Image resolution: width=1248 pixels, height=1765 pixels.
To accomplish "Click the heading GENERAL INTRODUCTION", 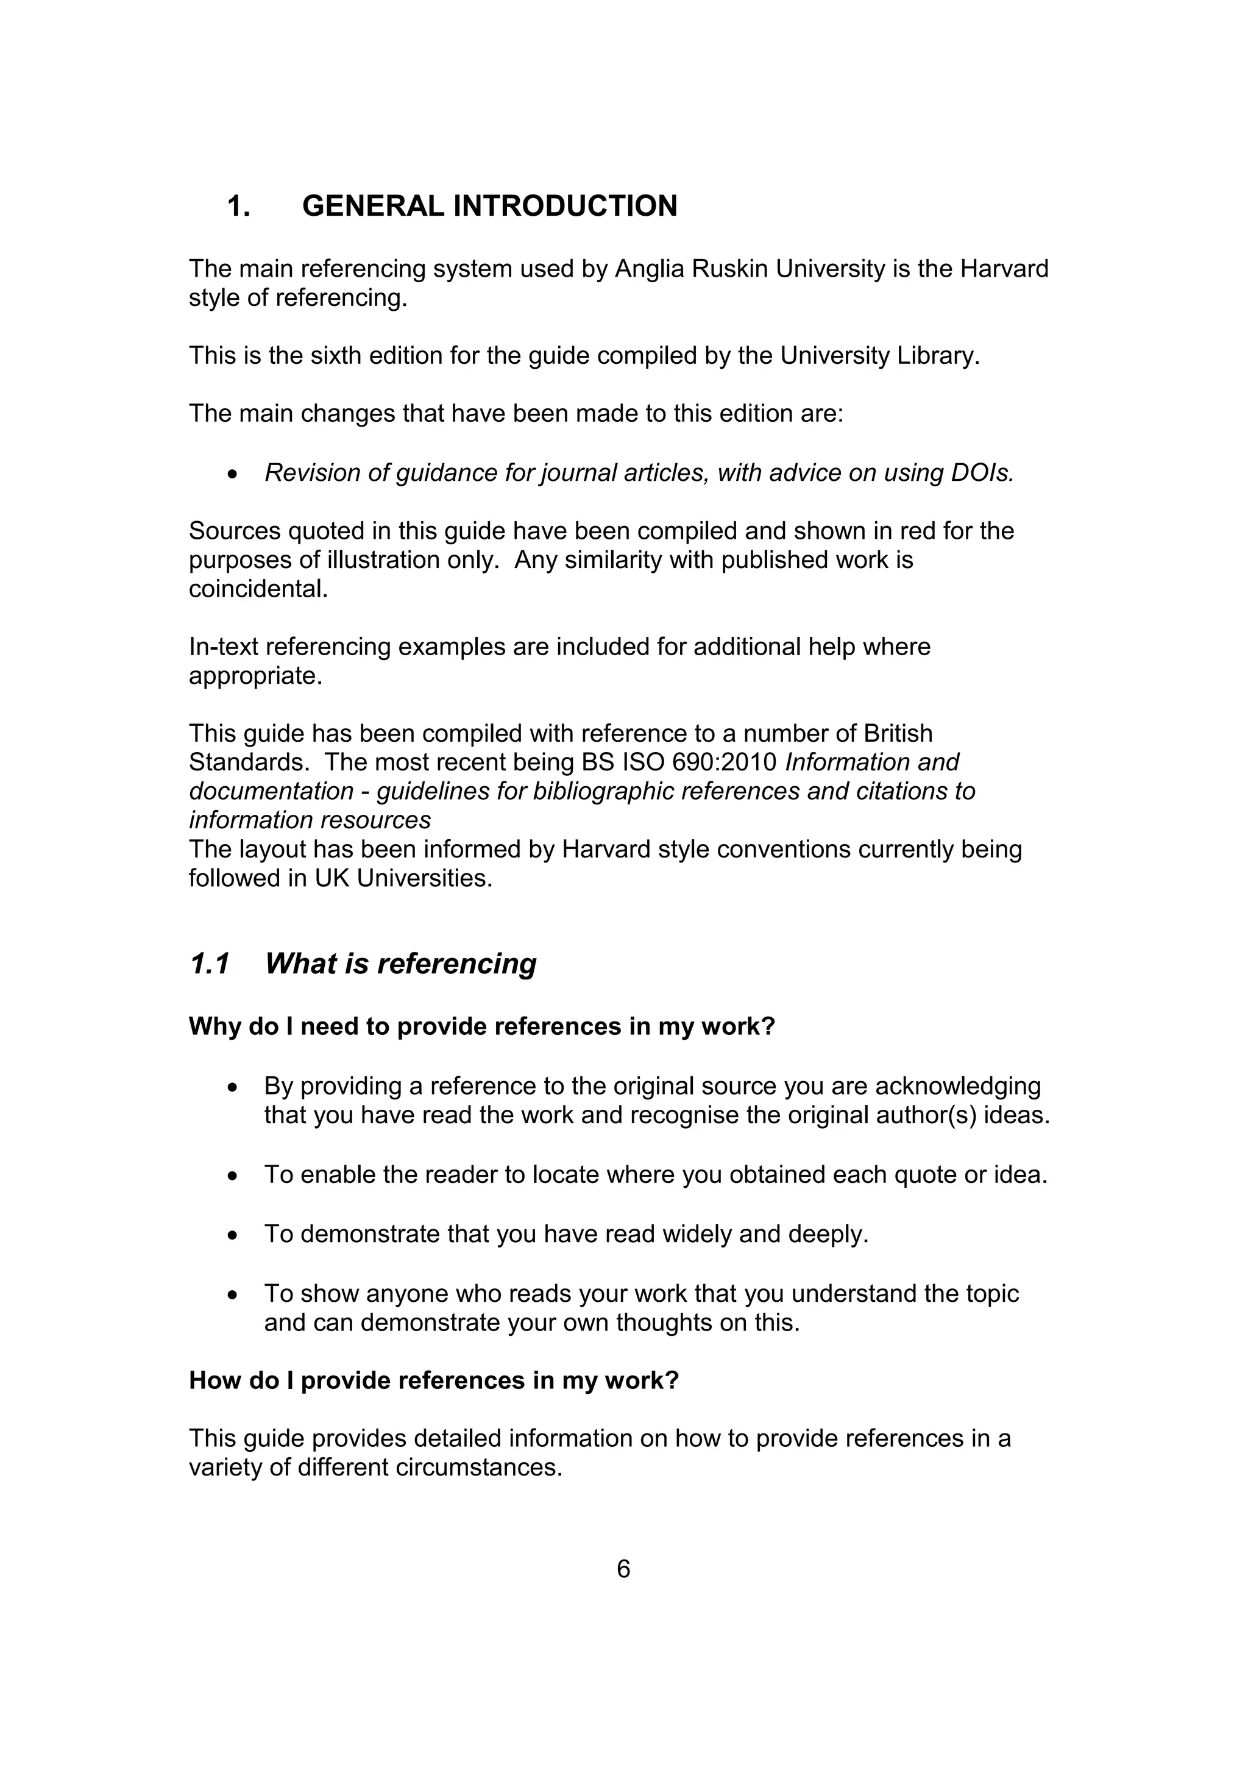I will pyautogui.click(x=489, y=206).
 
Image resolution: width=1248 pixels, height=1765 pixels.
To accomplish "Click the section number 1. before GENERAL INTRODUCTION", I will pyautogui.click(x=238, y=206).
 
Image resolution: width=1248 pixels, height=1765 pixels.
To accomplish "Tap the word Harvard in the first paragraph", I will pyautogui.click(x=1004, y=269).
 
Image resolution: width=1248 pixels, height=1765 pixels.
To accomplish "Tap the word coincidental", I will pyautogui.click(x=258, y=589).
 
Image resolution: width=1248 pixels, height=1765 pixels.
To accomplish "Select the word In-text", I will pyautogui.click(x=224, y=647).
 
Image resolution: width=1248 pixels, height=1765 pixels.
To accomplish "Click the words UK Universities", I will pyautogui.click(x=403, y=878).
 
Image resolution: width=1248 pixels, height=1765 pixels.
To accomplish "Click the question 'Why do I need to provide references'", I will pyautogui.click(x=482, y=1026).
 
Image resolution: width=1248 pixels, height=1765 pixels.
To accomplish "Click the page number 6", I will pyautogui.click(x=623, y=1569).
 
